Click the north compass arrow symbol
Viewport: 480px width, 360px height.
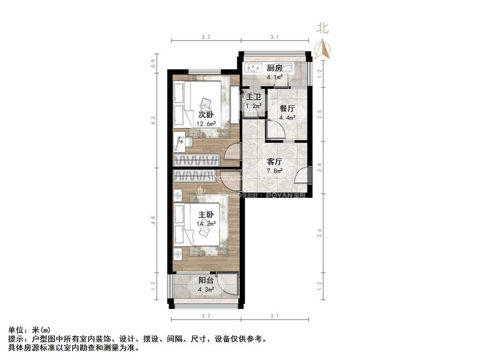click(322, 49)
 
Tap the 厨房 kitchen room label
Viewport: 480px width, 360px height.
click(275, 68)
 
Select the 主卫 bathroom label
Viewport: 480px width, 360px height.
click(254, 97)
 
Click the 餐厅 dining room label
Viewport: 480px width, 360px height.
click(287, 108)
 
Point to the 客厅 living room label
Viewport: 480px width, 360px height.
click(274, 161)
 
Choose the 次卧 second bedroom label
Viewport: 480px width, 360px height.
click(206, 115)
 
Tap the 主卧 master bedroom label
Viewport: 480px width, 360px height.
click(206, 215)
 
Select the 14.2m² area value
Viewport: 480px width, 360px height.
click(206, 224)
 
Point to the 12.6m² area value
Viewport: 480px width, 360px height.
click(206, 124)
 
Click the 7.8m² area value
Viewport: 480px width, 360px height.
click(274, 171)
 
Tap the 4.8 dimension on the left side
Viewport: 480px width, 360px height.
click(153, 221)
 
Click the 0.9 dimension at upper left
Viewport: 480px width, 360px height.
click(153, 62)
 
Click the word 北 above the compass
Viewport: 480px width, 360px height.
click(322, 28)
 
